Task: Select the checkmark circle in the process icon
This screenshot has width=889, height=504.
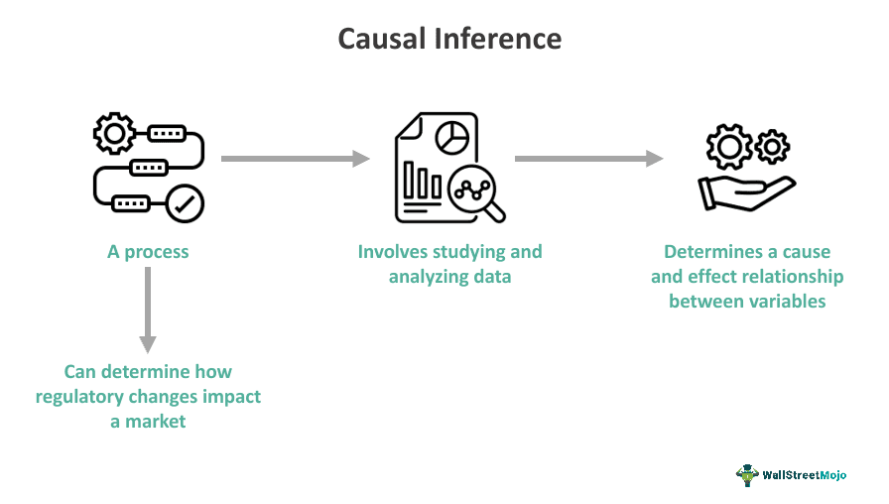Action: (x=185, y=204)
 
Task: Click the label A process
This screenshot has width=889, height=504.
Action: (x=148, y=252)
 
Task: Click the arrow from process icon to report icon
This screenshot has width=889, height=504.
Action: (x=295, y=159)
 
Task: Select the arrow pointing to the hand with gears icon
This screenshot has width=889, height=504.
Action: (x=588, y=159)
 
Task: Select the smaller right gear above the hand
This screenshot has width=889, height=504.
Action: (x=771, y=147)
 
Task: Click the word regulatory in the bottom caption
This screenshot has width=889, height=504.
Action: (x=82, y=397)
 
